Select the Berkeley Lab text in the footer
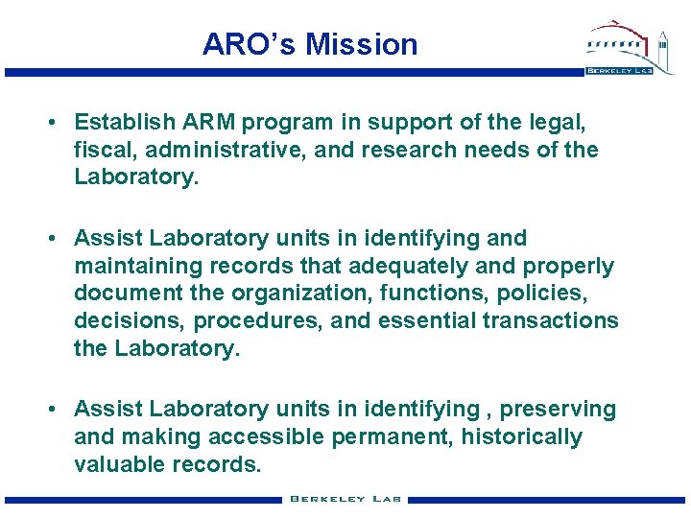point(345,499)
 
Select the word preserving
point(559,410)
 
